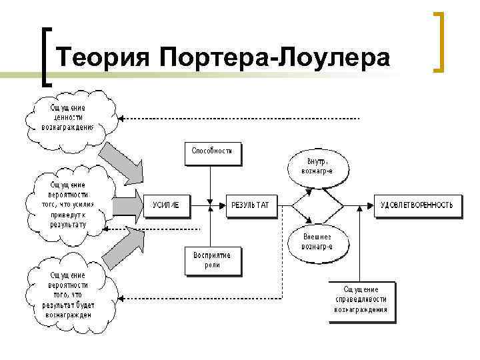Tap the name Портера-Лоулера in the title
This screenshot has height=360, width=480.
(275, 58)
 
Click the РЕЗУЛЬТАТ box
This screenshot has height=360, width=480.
(250, 205)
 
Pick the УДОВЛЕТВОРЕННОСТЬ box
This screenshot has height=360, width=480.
(419, 205)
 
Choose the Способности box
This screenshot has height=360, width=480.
(212, 151)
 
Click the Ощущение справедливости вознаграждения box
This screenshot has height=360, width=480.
(361, 300)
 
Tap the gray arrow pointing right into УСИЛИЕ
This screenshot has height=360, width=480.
(128, 205)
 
